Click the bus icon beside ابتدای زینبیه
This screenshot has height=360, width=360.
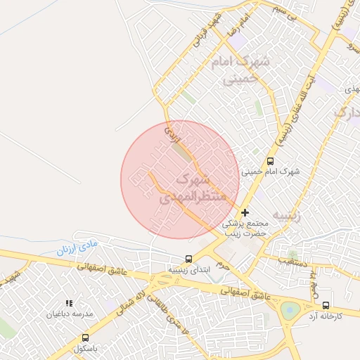tap(188, 259)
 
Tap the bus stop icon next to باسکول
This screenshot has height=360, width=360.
tap(86, 337)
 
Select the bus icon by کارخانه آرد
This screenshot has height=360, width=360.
tap(326, 306)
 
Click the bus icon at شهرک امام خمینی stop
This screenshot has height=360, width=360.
tap(271, 161)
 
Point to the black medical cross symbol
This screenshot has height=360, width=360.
tap(245, 212)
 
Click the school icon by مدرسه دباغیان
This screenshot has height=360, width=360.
tap(68, 303)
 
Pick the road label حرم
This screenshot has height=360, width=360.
tap(224, 265)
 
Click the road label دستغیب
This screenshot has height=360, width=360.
tap(275, 261)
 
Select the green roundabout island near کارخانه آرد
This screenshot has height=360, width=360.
tap(290, 309)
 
